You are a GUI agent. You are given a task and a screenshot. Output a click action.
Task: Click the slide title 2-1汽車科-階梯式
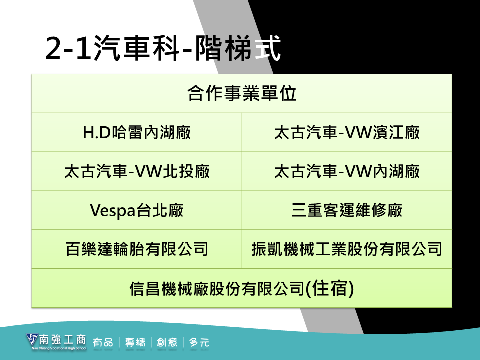pos(163,48)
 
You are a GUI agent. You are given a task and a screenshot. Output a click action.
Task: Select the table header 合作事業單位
pos(242,93)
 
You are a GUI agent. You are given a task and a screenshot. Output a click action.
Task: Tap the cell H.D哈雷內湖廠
pos(137,132)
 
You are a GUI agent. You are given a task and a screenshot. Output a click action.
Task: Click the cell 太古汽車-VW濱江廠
pos(347,132)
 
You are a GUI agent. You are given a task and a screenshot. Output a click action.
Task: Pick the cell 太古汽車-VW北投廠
pos(137,171)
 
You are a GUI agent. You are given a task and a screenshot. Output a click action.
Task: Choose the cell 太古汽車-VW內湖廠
pos(347,171)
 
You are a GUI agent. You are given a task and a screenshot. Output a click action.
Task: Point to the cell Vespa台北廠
pos(137,210)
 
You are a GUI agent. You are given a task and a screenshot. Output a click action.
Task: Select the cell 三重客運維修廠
pos(347,210)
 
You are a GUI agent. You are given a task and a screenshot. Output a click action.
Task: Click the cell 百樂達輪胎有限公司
pos(137,249)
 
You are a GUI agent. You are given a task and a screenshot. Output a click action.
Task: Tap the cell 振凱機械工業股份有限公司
pos(347,249)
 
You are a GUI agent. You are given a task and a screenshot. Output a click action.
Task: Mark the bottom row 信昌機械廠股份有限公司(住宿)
pos(242,288)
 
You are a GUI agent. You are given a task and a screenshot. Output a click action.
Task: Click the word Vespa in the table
pos(112,211)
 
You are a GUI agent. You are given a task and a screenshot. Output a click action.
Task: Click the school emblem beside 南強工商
pos(32,340)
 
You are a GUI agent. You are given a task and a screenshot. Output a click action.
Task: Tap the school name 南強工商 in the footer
pos(63,340)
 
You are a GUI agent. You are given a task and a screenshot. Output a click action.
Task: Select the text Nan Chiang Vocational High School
pos(59,348)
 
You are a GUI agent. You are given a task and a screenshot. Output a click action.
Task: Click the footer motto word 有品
pos(103,342)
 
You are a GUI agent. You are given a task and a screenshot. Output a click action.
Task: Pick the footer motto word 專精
pos(135,342)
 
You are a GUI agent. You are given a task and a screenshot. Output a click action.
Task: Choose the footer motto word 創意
pos(167,342)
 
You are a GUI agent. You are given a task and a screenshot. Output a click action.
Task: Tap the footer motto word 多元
pos(199,342)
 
